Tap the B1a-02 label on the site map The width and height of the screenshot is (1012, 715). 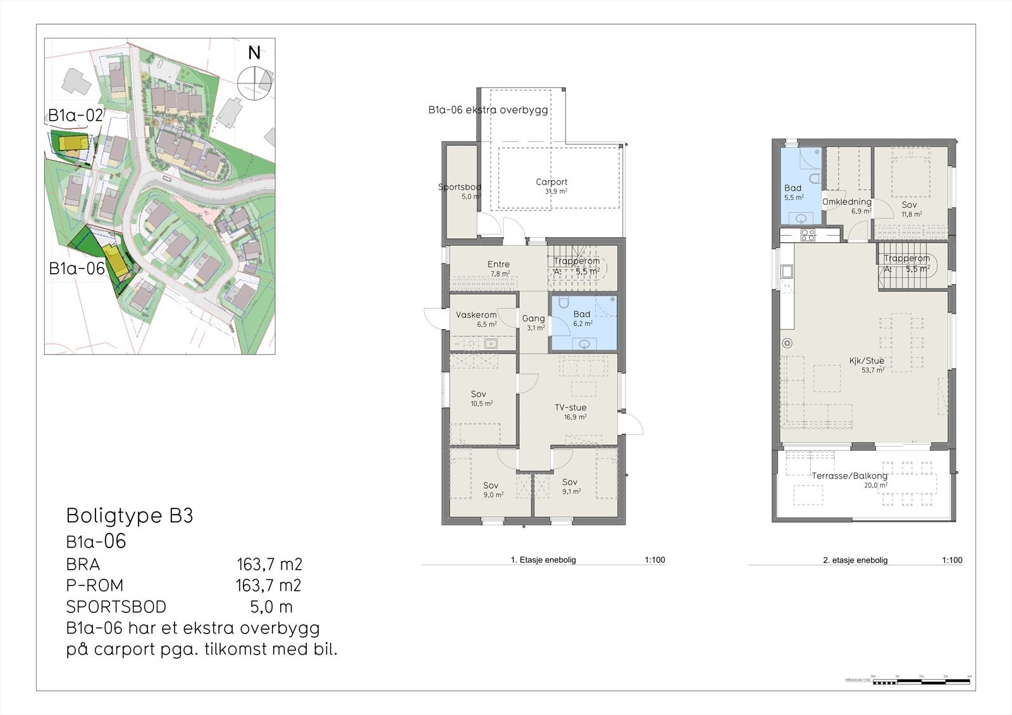pos(75,115)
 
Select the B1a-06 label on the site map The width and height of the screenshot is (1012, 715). pos(77,268)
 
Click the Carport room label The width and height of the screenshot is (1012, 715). pos(552,182)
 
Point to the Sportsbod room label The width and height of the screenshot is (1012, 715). pos(460,187)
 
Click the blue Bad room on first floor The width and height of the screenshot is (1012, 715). pos(583,322)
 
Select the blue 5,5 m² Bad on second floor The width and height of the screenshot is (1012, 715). pos(799,193)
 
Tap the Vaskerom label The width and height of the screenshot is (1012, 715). pos(476,315)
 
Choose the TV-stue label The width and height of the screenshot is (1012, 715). pos(571,408)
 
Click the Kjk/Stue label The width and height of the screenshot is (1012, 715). pos(867,361)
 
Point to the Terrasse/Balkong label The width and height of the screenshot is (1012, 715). pos(849,476)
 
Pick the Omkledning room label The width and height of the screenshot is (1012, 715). pos(846,202)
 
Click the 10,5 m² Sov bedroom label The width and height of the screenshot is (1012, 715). pos(478,394)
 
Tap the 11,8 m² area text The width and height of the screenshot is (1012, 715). pos(911,214)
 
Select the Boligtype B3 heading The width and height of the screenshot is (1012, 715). pos(130,516)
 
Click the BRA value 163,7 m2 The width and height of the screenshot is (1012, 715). pos(269,564)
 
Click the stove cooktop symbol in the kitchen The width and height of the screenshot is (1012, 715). pos(808,235)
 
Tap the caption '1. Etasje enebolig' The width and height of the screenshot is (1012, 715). pos(543,559)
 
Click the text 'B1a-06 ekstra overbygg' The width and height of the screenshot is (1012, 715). pos(488,110)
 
